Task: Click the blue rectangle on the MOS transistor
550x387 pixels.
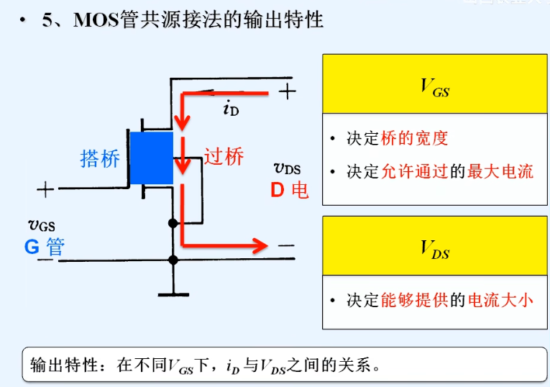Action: tap(152, 157)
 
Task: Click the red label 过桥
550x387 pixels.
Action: tap(224, 157)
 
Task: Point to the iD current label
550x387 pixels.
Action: tap(231, 109)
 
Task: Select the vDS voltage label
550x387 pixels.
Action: tap(287, 169)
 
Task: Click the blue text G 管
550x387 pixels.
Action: tap(45, 247)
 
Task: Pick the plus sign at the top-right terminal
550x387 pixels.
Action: tap(287, 91)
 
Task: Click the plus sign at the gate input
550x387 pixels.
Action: tap(45, 190)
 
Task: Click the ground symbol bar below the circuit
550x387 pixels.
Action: tap(173, 293)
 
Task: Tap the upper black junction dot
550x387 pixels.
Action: tap(173, 223)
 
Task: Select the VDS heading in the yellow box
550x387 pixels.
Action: tap(435, 249)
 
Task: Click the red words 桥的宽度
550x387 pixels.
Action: tap(415, 138)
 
